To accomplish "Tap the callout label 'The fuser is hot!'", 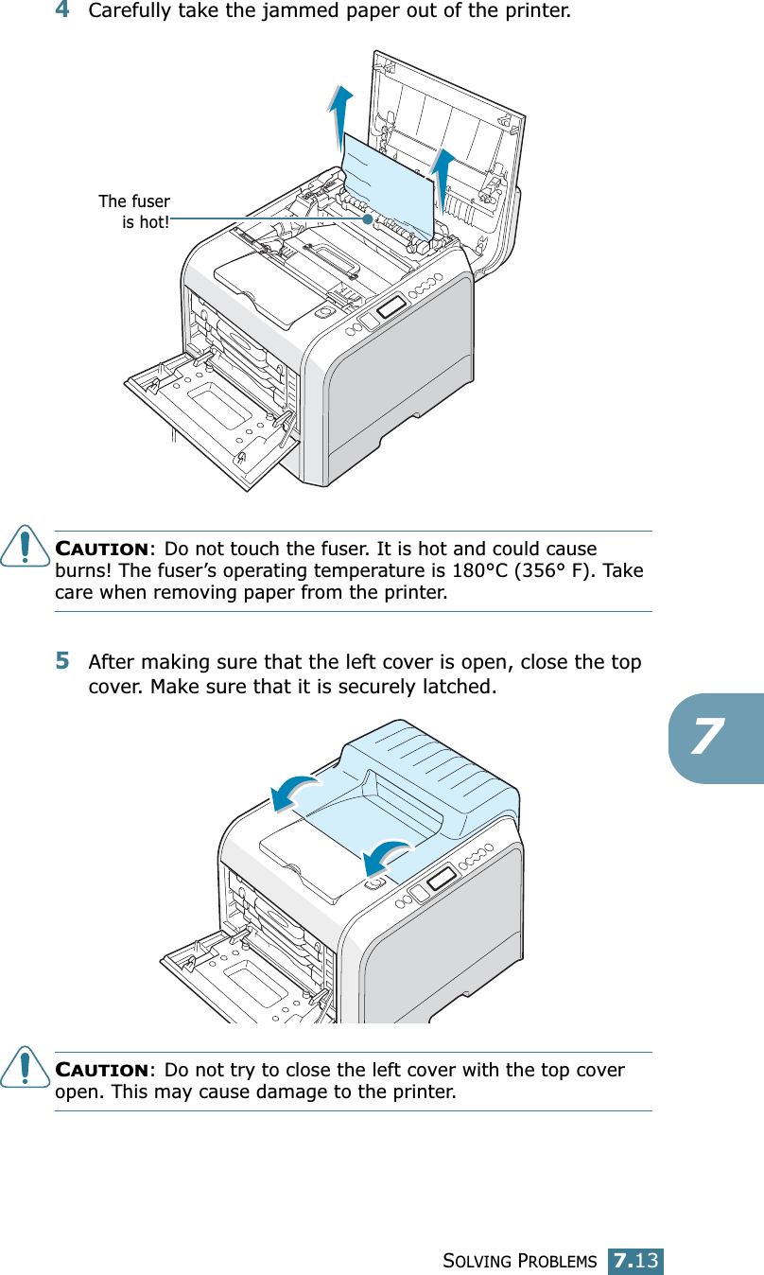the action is (135, 212).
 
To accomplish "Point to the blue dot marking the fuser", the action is (367, 218).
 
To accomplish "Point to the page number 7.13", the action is (636, 1261).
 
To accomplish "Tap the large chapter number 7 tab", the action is (715, 738).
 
